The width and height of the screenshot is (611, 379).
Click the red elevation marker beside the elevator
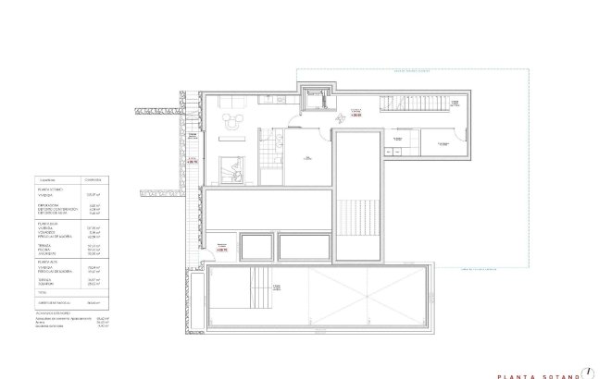[355, 115]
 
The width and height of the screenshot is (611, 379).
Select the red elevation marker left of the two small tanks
[220, 248]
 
